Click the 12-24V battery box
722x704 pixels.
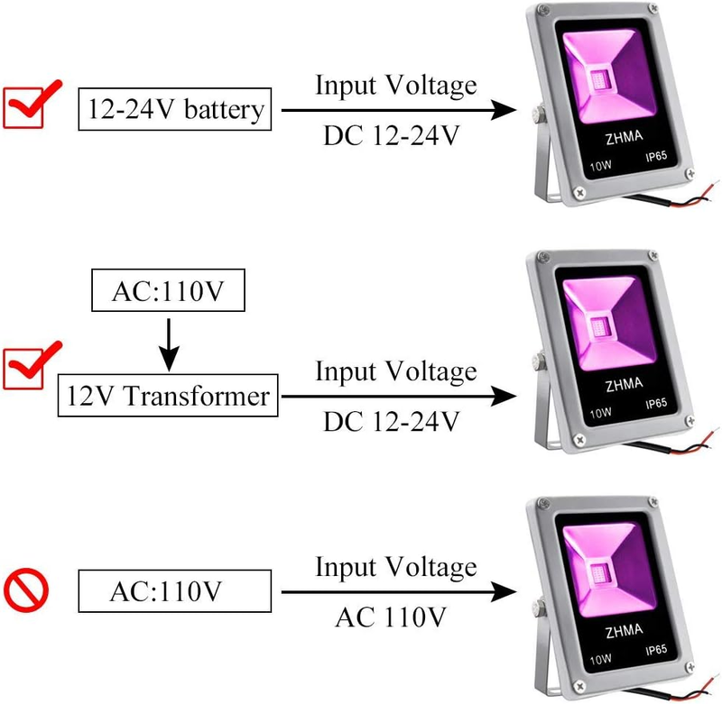point(175,110)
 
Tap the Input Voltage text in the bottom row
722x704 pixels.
point(395,568)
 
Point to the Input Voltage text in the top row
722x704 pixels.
point(395,87)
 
